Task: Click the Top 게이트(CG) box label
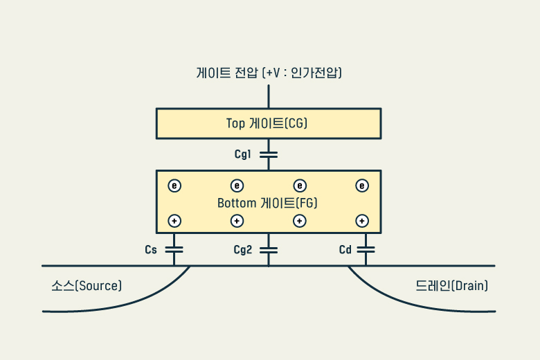267,123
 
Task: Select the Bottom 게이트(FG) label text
267,204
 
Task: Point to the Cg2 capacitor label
242,250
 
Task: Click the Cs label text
151,250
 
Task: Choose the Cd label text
345,250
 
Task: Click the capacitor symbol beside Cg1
268,154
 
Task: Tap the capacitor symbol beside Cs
174,249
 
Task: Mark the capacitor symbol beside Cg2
268,249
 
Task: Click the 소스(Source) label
87,285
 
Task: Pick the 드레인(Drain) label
452,285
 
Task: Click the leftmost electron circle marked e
174,186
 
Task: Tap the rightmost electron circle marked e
361,186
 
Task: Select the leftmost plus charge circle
174,221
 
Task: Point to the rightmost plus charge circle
361,221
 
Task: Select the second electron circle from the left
237,186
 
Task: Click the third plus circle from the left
299,221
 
